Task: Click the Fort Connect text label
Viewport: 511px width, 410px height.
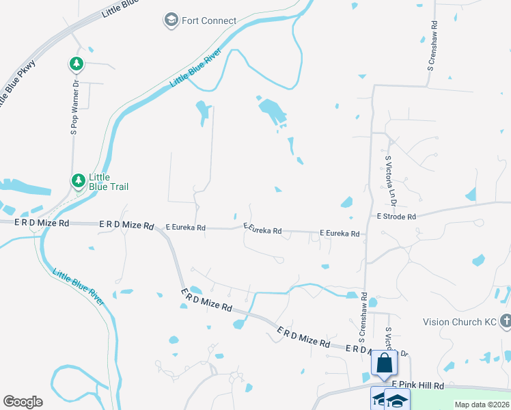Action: (209, 21)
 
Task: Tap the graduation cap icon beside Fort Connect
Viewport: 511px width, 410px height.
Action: (170, 21)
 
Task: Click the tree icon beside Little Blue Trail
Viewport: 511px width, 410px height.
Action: (78, 180)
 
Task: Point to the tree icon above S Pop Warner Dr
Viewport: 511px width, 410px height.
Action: (77, 65)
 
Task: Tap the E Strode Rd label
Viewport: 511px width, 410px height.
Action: (396, 217)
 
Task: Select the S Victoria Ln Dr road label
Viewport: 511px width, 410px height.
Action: (391, 180)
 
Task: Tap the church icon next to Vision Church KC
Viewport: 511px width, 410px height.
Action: (506, 320)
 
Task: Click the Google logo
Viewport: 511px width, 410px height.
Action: (23, 402)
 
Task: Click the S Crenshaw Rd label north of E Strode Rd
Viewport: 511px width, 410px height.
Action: (432, 47)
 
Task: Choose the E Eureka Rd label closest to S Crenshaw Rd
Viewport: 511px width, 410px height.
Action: (340, 234)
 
